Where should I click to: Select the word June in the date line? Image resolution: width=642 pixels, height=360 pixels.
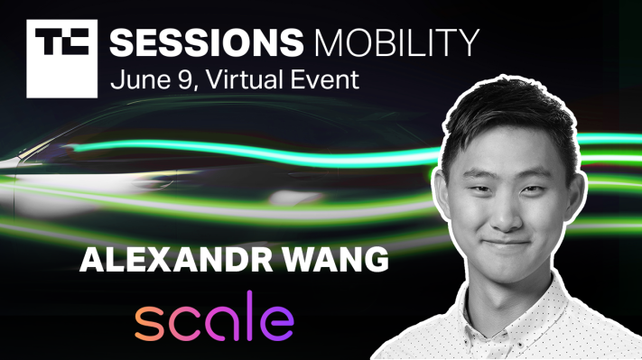click(x=135, y=79)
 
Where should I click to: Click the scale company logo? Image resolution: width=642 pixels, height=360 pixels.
click(x=215, y=322)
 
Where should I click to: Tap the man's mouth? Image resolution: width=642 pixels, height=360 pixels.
click(x=518, y=238)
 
